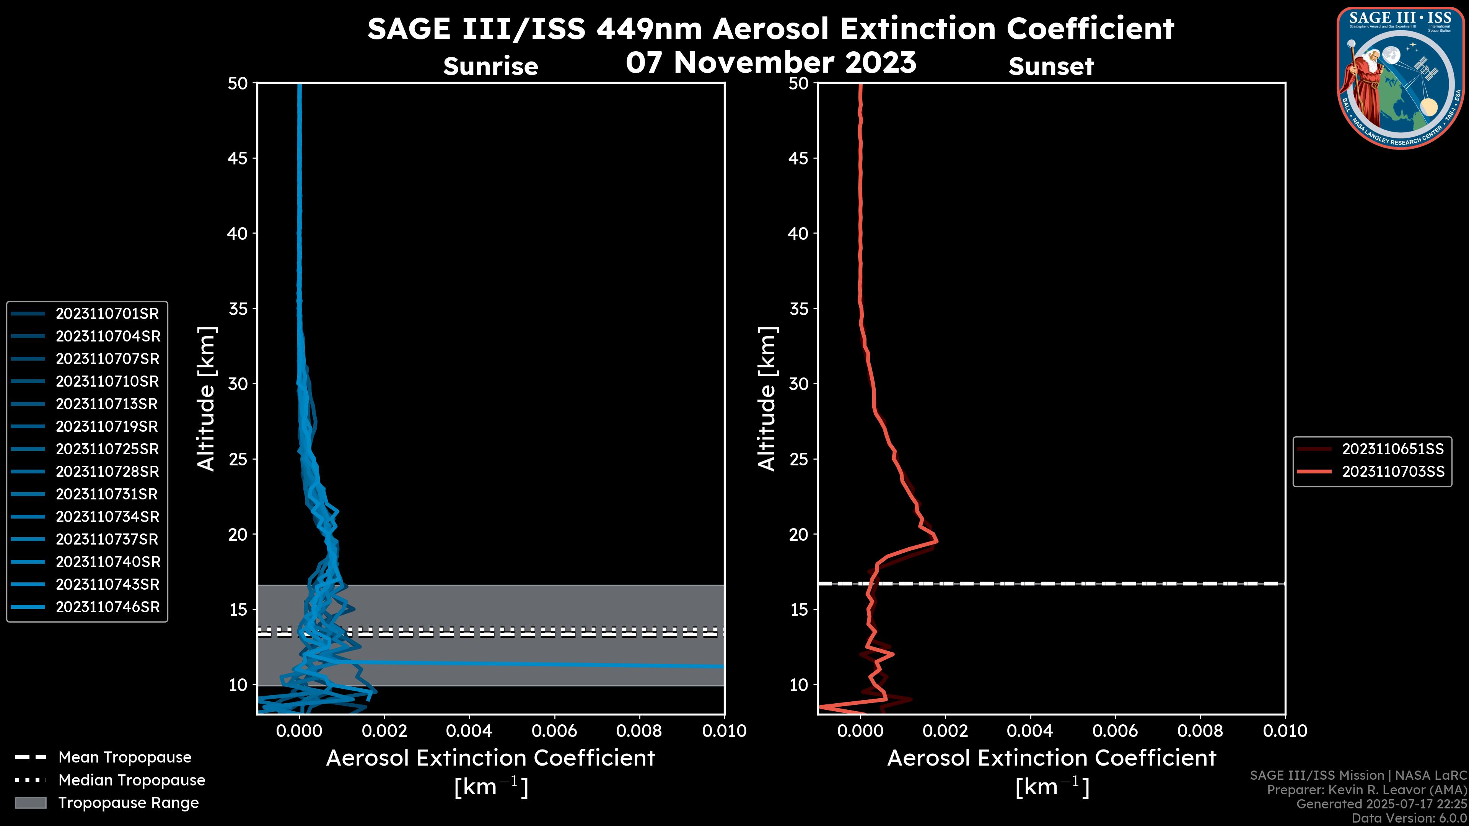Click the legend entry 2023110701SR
click(x=107, y=314)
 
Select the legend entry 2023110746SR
click(x=107, y=607)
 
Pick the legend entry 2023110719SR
click(x=107, y=426)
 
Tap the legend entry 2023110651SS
click(x=1392, y=449)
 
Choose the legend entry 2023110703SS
click(x=1392, y=472)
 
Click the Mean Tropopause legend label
click(x=125, y=758)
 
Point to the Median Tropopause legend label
click(x=132, y=780)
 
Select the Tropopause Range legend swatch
click(x=30, y=803)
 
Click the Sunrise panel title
click(x=490, y=67)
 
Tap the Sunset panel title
click(x=1051, y=67)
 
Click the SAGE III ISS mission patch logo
click(x=1401, y=78)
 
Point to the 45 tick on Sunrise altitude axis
click(x=238, y=158)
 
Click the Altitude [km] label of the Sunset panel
click(x=767, y=399)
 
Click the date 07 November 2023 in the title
click(x=771, y=63)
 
